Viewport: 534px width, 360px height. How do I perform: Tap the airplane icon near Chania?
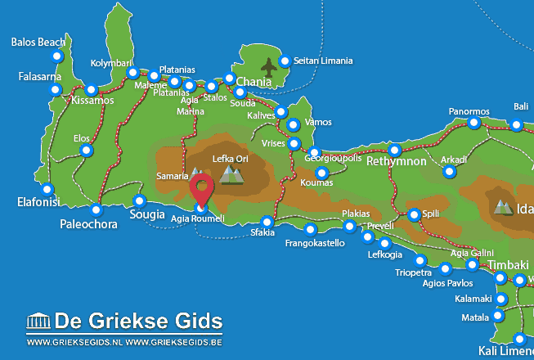[x=268, y=65]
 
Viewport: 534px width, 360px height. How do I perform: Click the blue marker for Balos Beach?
[x=56, y=56]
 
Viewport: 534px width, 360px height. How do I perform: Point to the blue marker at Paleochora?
[x=96, y=209]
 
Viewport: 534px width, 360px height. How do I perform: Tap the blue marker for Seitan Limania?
[x=285, y=61]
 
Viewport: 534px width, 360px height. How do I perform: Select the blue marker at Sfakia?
[x=267, y=222]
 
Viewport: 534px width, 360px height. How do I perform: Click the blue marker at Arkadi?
[x=448, y=172]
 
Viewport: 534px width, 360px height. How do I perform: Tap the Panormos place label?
[x=469, y=111]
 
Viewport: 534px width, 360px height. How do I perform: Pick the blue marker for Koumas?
[x=321, y=173]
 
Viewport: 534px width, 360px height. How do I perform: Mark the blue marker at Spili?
[x=414, y=214]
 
